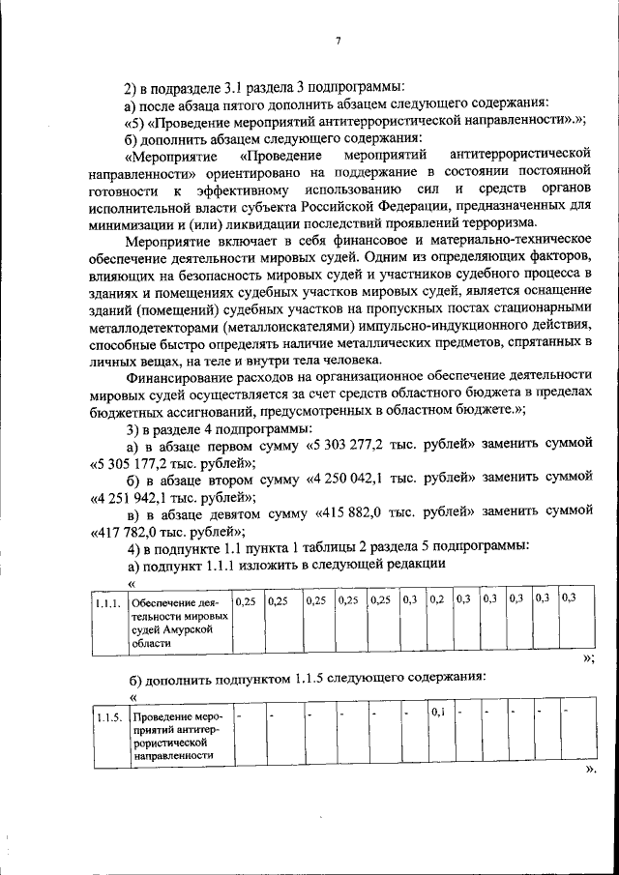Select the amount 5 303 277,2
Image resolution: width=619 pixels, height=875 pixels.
[x=357, y=447]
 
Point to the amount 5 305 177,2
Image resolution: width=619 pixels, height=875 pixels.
[x=137, y=463]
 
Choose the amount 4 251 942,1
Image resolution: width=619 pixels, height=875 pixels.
[x=137, y=497]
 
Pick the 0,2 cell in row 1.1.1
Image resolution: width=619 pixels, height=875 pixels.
[x=437, y=599]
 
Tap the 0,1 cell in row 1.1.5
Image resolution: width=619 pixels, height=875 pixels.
[x=437, y=714]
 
